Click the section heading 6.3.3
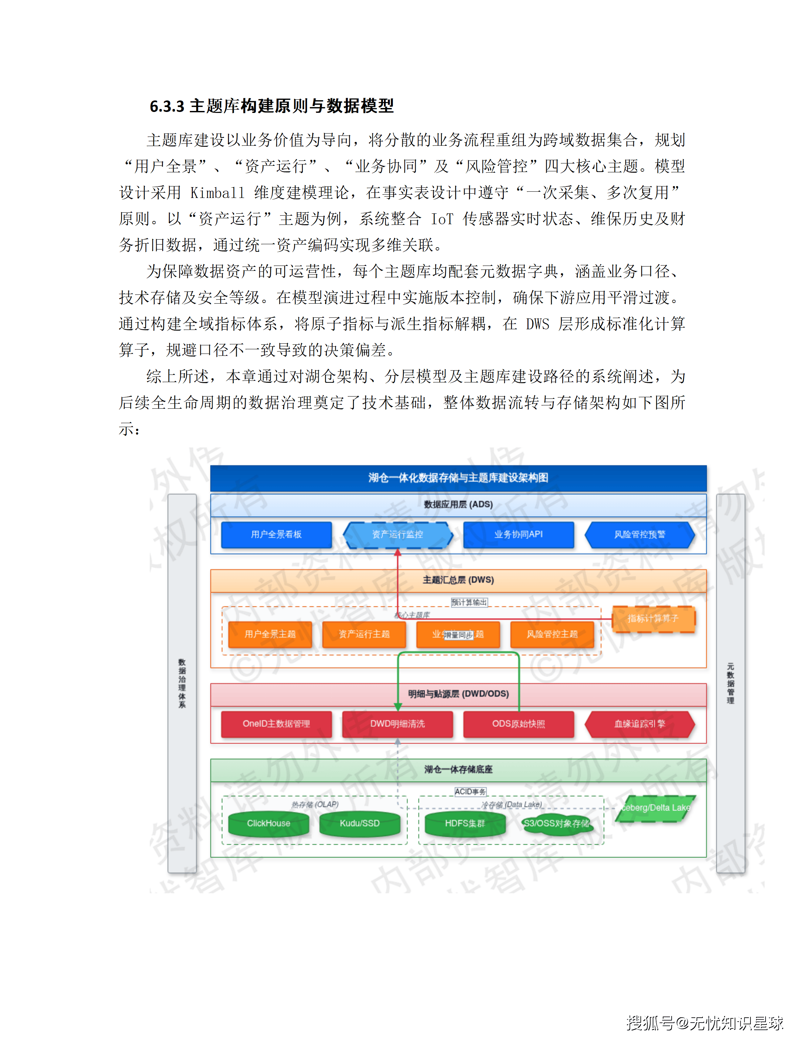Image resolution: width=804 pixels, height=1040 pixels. [x=272, y=106]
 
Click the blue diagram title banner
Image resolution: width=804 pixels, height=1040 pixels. [x=458, y=478]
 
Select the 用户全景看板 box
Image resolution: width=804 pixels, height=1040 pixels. [x=276, y=534]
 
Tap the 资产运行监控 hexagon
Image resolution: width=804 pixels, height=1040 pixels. [x=398, y=534]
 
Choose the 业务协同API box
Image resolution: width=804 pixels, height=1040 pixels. [x=518, y=534]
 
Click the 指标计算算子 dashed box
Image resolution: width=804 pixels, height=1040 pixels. [x=653, y=618]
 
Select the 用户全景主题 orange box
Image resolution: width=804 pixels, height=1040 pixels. [x=270, y=634]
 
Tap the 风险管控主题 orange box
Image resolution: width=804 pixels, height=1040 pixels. [x=552, y=634]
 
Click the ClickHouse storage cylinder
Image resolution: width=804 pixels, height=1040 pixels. [x=269, y=823]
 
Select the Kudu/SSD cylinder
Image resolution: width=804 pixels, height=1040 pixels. [x=360, y=823]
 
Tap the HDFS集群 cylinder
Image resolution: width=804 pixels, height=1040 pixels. [x=465, y=823]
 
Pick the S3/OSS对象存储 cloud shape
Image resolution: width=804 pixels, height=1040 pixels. [x=556, y=823]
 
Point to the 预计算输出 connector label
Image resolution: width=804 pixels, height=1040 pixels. [x=469, y=602]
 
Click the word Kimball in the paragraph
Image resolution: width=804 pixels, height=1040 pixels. [x=217, y=192]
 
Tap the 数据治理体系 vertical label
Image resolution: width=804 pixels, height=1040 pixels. [x=182, y=683]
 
